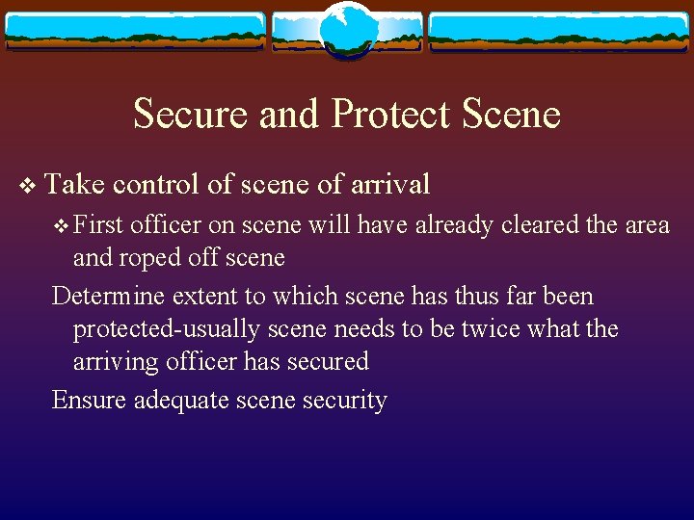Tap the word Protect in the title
[x=389, y=114]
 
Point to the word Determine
[x=107, y=296]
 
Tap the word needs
[x=365, y=328]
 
